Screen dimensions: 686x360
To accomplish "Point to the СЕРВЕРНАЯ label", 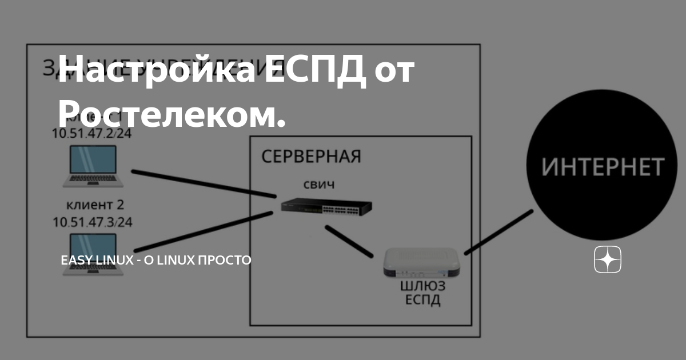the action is tap(311, 157).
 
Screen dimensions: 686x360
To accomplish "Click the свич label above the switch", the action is tap(318, 185).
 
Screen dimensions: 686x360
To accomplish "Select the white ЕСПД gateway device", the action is tap(422, 262).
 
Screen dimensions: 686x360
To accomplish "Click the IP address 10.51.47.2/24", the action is tap(92, 134).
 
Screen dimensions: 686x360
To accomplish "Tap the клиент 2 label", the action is tap(95, 205).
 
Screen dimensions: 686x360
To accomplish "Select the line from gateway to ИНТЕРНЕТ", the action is tap(498, 232).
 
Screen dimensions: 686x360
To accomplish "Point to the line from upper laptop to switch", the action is tap(203, 184).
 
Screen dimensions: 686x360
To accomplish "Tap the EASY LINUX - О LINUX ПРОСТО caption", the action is tap(156, 260).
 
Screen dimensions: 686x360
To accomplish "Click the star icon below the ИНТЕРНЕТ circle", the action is tap(607, 261).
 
